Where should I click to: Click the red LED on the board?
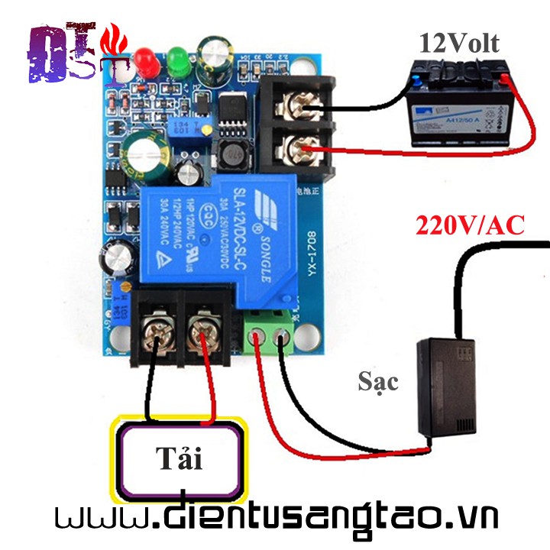146,62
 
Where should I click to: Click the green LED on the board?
179,60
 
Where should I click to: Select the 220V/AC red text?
470,225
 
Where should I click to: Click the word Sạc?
378,380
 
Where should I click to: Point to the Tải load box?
180,459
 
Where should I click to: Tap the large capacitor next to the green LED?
213,58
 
